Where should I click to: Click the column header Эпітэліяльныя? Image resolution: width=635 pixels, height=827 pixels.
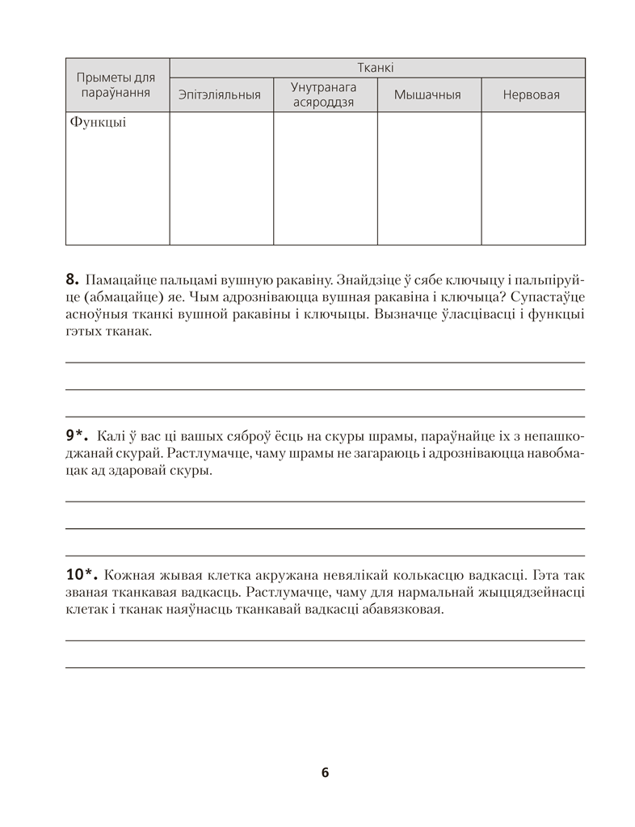coord(220,95)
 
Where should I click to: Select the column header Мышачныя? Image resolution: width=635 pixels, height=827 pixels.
coord(427,95)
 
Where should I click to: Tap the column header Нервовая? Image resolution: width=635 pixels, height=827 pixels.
coord(531,95)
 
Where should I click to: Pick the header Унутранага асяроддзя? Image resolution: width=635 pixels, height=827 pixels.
coord(324,94)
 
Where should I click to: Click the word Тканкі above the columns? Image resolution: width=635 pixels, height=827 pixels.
coord(376,69)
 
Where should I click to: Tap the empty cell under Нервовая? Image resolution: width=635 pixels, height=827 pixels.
coord(532,178)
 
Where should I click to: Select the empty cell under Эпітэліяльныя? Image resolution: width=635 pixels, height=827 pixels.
coord(221,178)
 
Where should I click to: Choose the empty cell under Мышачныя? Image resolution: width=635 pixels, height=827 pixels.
coord(428,178)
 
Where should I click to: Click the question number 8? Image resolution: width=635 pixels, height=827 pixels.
coord(70,280)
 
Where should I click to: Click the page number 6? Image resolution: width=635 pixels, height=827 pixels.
coord(325,772)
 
